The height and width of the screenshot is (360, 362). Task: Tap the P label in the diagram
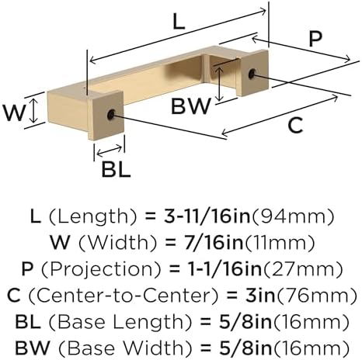[315, 39]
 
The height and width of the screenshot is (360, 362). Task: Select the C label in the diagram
[295, 126]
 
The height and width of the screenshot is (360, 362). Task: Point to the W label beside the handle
[14, 112]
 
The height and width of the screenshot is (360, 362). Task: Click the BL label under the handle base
[116, 169]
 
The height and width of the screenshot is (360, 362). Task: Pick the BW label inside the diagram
[191, 106]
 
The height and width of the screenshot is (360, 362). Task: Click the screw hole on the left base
[111, 114]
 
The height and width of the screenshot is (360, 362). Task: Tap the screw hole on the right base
[252, 74]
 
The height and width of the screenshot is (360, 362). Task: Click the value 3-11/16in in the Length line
[207, 216]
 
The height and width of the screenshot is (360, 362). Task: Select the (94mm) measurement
[293, 216]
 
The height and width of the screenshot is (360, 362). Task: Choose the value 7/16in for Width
[214, 243]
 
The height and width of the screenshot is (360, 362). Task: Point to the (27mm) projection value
[303, 269]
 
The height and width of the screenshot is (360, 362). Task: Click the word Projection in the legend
[101, 269]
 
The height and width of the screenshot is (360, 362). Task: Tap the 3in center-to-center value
[260, 296]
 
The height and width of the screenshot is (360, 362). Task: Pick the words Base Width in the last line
[125, 348]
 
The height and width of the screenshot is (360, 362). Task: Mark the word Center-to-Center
[123, 296]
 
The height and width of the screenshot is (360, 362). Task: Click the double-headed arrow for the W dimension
[33, 111]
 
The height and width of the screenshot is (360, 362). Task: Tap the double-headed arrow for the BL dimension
[109, 151]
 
